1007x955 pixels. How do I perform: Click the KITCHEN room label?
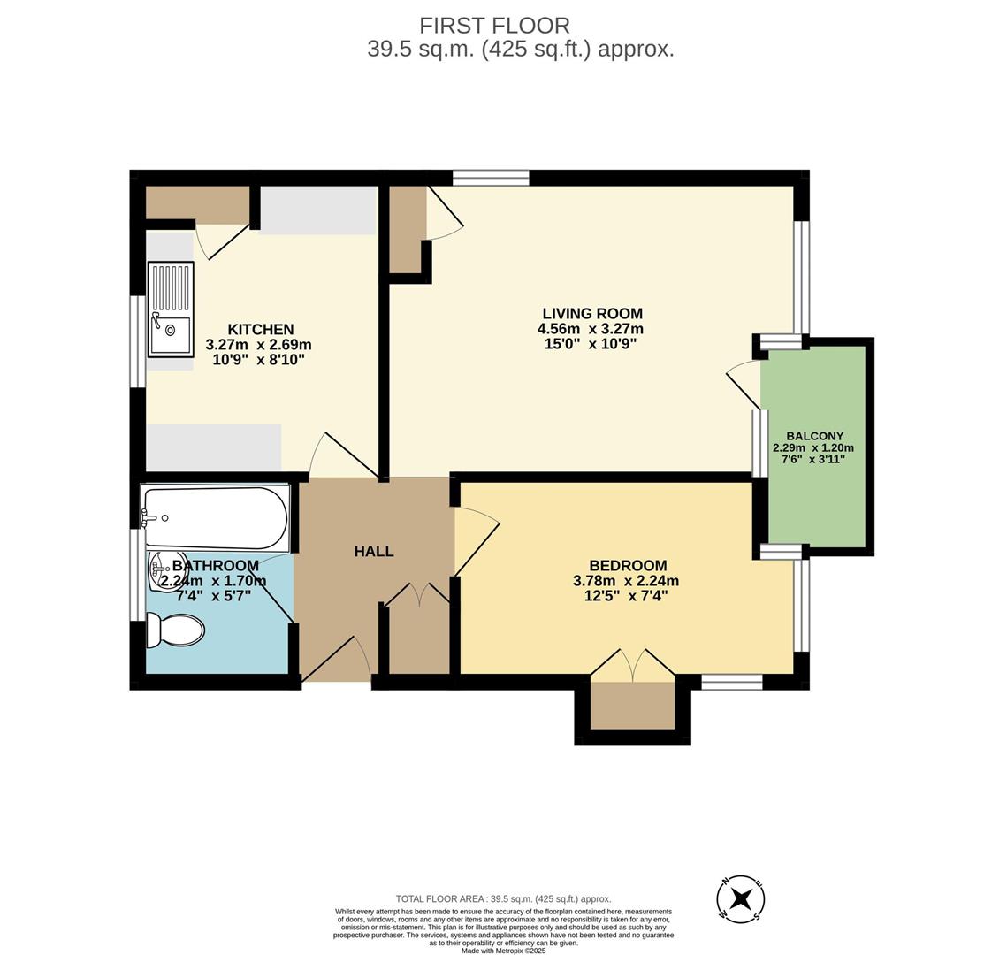point(261,330)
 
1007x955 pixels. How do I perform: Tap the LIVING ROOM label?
point(592,313)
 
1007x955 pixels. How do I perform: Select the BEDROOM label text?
point(628,566)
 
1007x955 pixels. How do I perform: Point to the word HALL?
point(374,551)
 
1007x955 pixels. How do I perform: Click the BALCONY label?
point(815,436)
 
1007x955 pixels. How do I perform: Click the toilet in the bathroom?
point(175,630)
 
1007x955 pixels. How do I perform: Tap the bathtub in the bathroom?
point(216,517)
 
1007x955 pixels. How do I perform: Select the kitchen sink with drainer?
point(170,309)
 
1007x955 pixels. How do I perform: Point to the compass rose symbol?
point(741,898)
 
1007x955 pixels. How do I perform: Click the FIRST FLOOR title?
point(494,26)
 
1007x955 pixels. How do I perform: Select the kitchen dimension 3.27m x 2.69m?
point(258,345)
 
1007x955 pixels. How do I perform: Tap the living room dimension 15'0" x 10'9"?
point(591,344)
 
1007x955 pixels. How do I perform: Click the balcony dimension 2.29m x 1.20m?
point(813,448)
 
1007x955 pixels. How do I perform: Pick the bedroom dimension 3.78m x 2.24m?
point(626,581)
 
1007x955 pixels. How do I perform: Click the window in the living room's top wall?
point(491,178)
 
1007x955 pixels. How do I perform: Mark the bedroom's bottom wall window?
point(731,682)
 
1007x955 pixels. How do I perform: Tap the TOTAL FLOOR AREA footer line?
point(504,899)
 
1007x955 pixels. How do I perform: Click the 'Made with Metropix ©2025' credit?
point(504,950)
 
